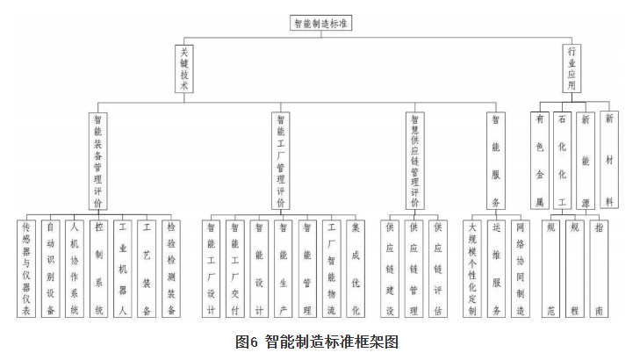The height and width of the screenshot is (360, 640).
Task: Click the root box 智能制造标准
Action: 320,24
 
